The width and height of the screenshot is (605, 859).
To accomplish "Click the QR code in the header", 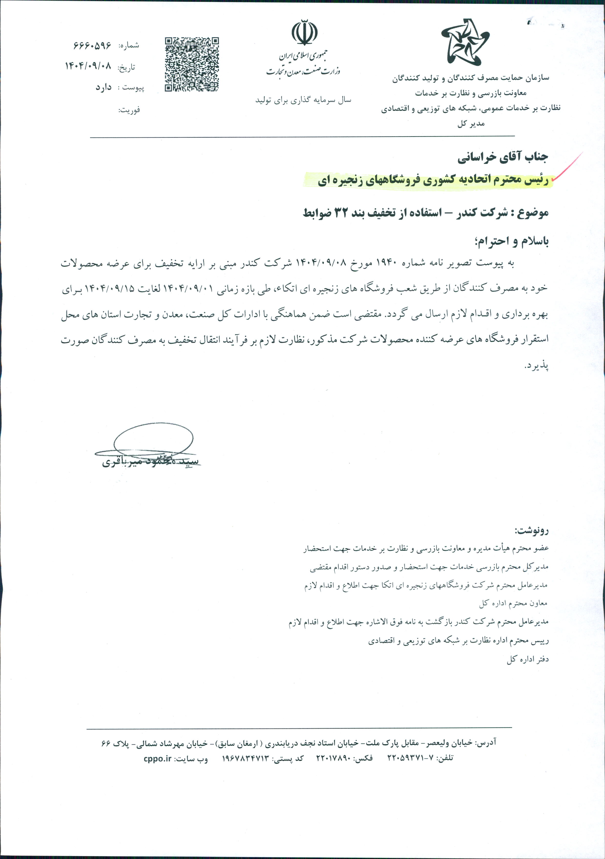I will pos(192,64).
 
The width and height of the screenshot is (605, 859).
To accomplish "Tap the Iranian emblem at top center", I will pos(305,33).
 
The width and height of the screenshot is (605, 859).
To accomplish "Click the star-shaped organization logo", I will pos(465,42).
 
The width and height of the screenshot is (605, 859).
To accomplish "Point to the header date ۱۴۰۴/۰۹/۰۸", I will pos(88,66).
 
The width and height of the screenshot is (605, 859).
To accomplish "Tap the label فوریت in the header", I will pos(129,110).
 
